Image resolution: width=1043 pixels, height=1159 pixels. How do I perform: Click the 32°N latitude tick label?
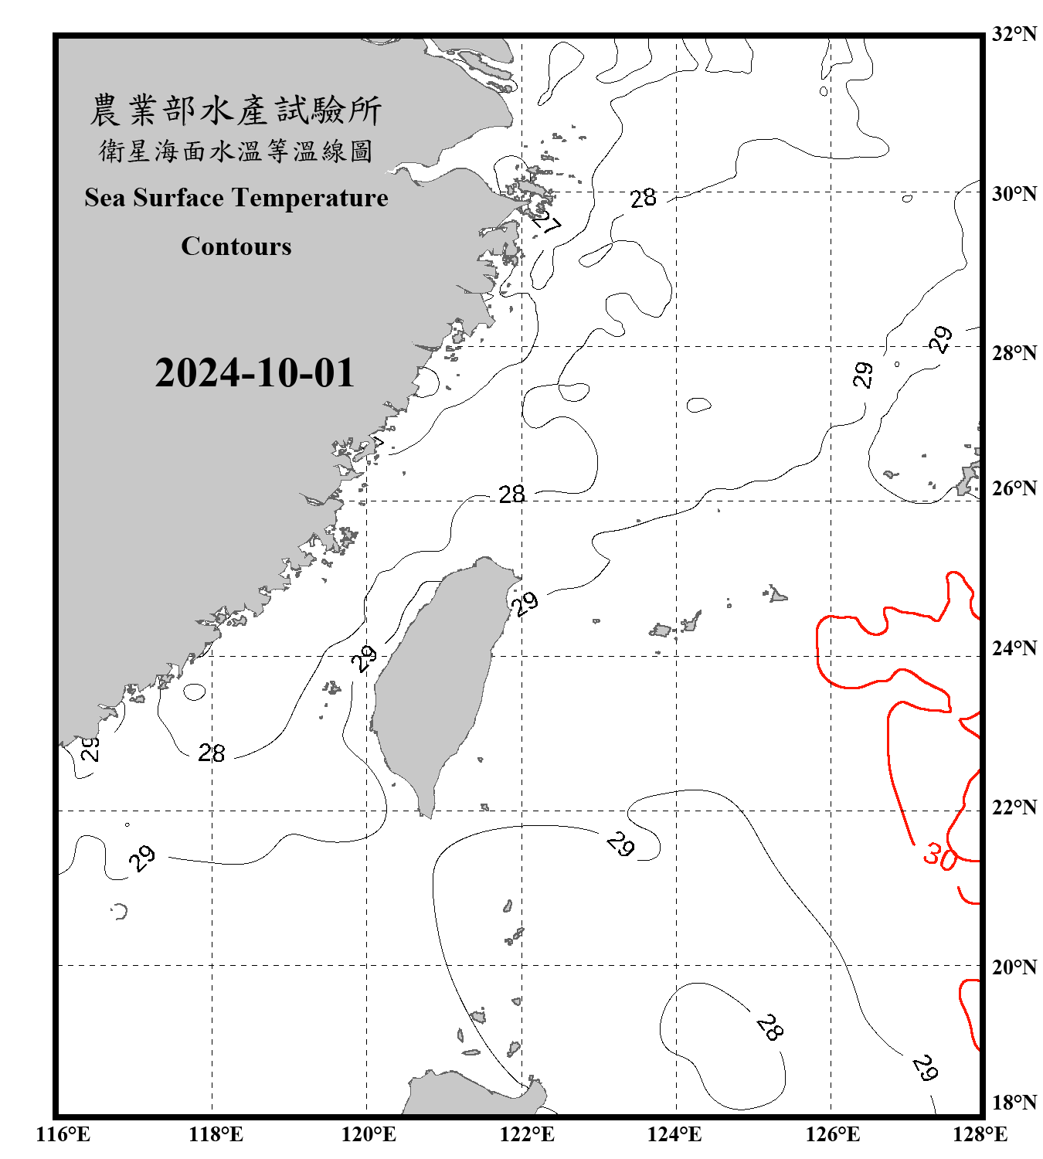coord(1014,34)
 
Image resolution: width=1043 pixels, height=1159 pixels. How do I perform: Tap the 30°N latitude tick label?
coord(1014,194)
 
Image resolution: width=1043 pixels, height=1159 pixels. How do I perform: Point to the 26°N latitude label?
coord(1014,488)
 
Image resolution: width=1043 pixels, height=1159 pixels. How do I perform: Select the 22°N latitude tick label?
coord(1014,807)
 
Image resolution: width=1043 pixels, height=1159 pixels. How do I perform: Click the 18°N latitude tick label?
coord(1014,1103)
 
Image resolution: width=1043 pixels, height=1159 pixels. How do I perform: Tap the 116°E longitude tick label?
coord(63,1134)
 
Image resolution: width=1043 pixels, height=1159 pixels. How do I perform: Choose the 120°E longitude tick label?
coord(369,1134)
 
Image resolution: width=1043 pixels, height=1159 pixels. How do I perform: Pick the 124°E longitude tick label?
coord(674,1134)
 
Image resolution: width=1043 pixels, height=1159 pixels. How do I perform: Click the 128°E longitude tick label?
coord(980,1134)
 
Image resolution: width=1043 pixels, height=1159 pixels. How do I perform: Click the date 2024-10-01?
coord(254,373)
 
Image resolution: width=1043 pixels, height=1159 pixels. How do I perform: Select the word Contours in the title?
coord(236,246)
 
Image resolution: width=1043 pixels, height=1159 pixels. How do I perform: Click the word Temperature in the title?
coord(310,198)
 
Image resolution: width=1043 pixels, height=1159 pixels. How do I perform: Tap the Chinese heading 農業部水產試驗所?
coord(236,110)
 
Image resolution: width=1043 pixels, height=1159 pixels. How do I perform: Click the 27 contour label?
coord(547,222)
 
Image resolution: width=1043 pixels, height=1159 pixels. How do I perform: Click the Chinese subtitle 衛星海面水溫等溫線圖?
coord(236,151)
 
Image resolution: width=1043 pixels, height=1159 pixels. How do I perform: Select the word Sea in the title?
coord(104,198)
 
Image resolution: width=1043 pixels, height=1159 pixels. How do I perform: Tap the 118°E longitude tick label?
coord(216,1134)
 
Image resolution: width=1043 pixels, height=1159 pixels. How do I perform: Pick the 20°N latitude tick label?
coord(1014,967)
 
